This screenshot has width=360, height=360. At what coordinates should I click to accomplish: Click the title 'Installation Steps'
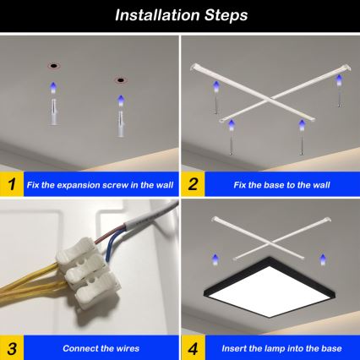click(x=179, y=14)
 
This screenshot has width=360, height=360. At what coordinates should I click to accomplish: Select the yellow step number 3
click(x=11, y=346)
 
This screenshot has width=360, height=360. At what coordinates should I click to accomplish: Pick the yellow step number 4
click(x=194, y=346)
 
